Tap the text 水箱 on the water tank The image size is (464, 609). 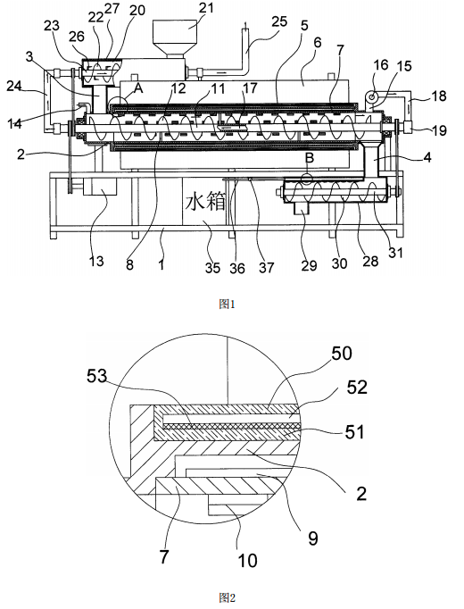[205, 203]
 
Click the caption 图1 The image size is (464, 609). [227, 304]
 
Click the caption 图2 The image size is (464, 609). [227, 597]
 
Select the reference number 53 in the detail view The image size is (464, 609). [97, 376]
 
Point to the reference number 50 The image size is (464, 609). [342, 354]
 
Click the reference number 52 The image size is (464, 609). [357, 388]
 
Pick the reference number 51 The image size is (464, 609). [354, 432]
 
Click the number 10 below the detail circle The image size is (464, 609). [247, 561]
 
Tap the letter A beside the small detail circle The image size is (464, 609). [138, 88]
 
